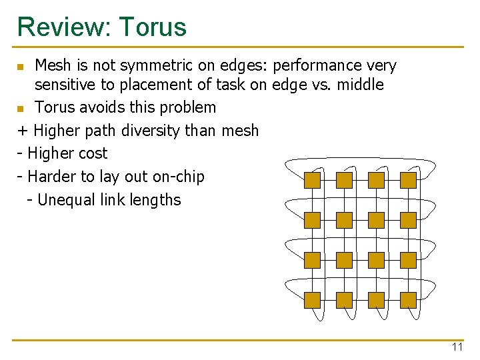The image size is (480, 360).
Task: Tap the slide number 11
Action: click(x=457, y=347)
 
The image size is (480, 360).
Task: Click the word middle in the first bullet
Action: click(x=361, y=85)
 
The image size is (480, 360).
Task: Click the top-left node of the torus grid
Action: click(x=312, y=180)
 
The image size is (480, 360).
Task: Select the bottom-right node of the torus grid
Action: click(x=408, y=300)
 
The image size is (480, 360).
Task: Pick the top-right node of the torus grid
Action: click(x=408, y=180)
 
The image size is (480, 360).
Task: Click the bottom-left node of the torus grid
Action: click(x=312, y=300)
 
